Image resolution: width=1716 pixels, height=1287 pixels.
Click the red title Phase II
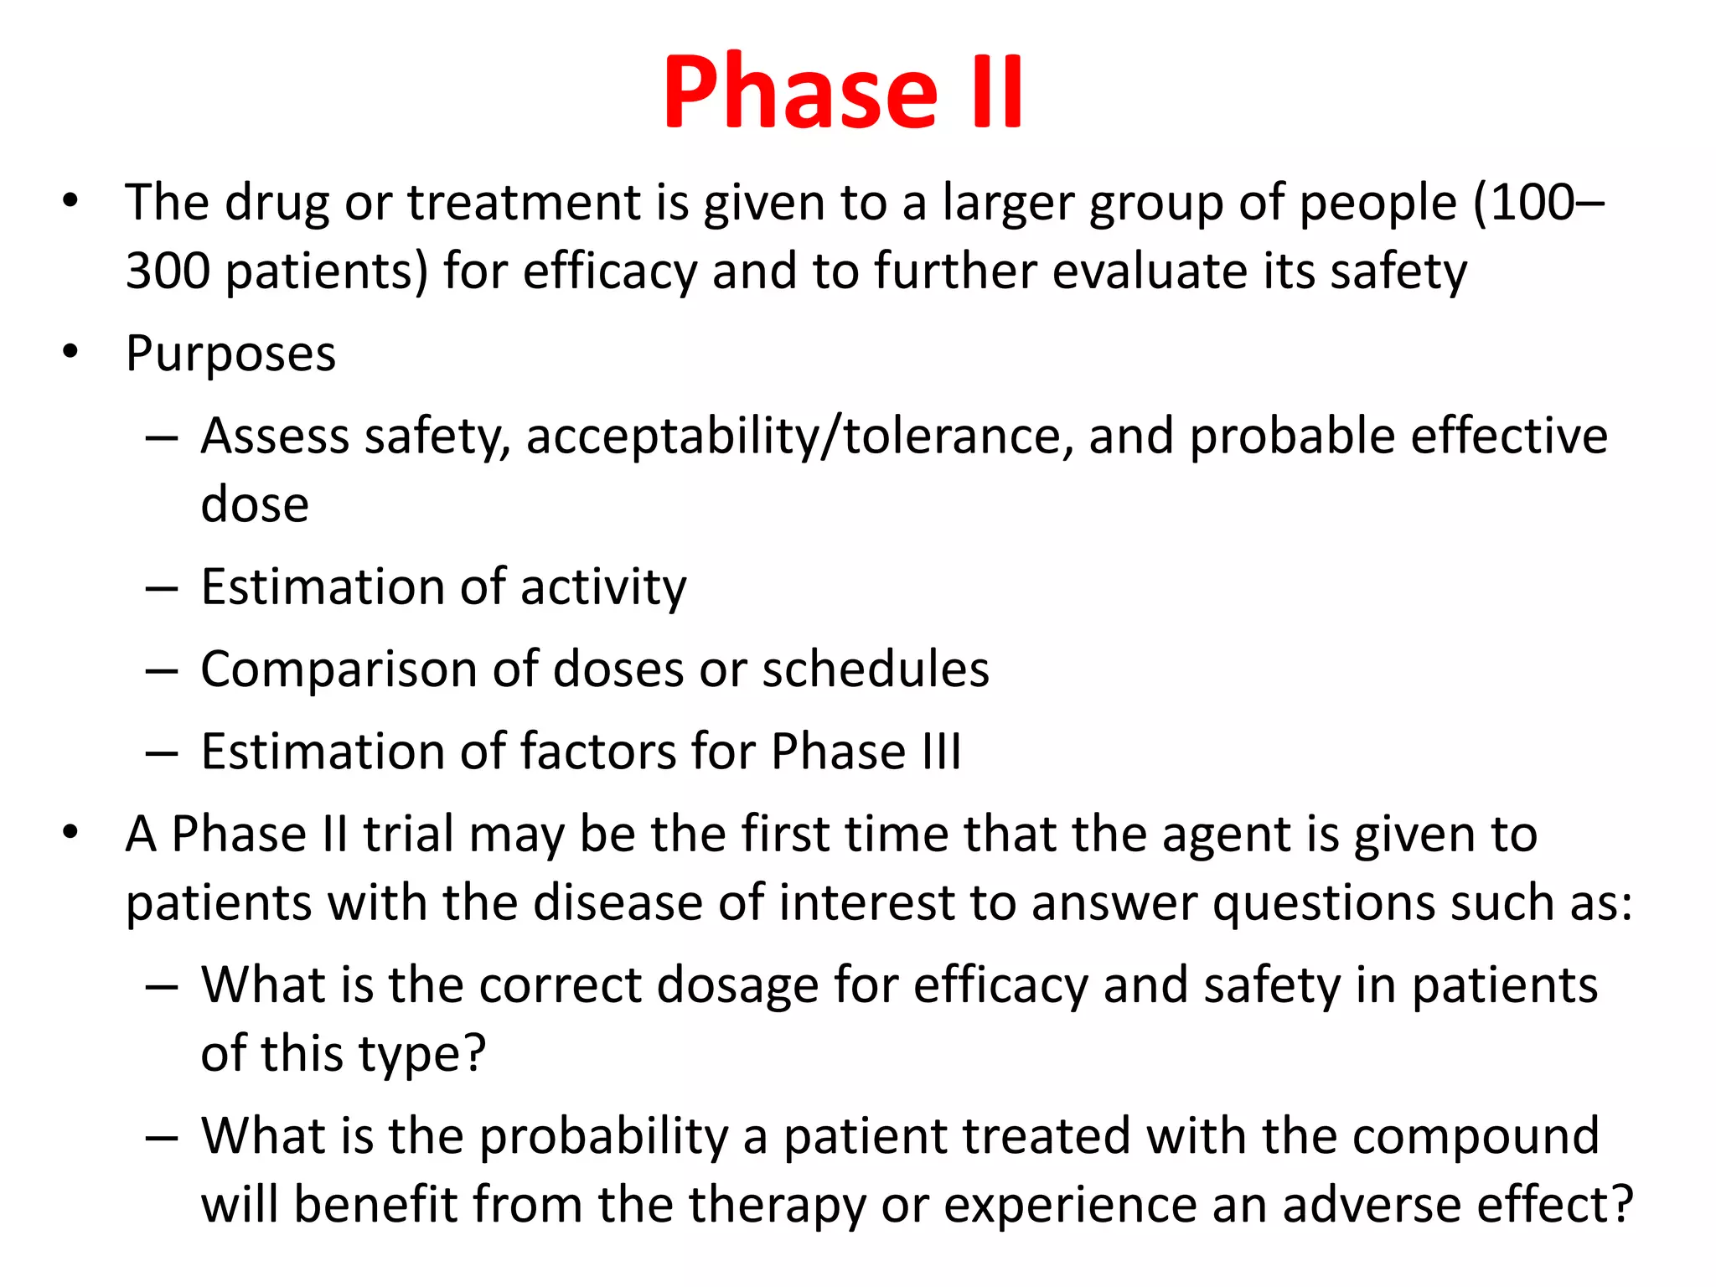842,92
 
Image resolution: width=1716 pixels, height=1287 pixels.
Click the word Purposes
230,354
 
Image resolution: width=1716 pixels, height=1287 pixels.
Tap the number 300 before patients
168,271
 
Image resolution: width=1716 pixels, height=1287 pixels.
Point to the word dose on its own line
255,504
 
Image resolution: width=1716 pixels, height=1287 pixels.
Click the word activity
603,587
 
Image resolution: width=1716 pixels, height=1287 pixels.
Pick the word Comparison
339,669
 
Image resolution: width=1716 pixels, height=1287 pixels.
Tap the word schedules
876,669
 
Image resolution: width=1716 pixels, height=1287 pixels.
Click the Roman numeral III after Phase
942,752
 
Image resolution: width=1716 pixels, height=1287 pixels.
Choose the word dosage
737,985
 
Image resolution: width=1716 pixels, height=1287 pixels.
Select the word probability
604,1136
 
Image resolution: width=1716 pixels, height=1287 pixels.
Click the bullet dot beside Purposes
70,351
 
